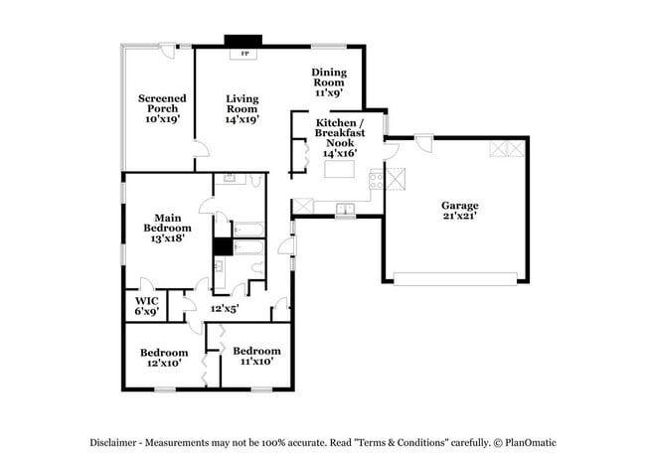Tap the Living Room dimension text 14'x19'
[x=242, y=118]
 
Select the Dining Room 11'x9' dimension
[x=328, y=92]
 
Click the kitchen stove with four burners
[x=376, y=180]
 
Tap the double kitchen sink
[x=346, y=209]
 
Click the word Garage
[x=460, y=205]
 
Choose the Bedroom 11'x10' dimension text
[x=256, y=363]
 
